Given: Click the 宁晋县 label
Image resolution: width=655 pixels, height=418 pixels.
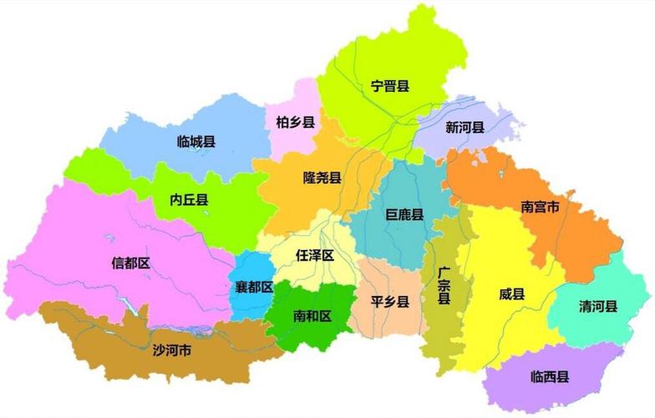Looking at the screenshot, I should coord(389,85).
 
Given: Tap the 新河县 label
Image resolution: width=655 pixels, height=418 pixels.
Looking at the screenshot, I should coord(465,128).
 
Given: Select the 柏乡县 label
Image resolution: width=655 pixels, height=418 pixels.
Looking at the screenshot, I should coord(295,123).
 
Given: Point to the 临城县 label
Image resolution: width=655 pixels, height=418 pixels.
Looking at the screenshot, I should coord(197,141).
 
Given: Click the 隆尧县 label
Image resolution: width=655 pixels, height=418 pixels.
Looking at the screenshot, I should coord(322,178).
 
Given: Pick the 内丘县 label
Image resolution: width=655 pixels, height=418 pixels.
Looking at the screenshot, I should coord(189,200).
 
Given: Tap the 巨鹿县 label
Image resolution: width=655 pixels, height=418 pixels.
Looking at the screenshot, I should coord(404,215).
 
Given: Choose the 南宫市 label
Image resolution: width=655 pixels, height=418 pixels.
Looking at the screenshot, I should coord(540,205).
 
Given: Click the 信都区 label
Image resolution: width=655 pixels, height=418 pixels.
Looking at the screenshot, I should coord(130,263).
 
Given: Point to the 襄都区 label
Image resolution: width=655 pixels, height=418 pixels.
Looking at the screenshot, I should coord(254,287).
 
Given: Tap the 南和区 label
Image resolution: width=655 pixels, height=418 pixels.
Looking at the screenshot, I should coord(312,316).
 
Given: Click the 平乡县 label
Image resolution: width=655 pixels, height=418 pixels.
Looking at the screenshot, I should coord(389,301).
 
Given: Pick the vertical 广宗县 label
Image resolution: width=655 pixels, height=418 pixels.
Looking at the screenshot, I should coord(444,286).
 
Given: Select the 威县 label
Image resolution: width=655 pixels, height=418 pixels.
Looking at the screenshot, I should coord(512,293).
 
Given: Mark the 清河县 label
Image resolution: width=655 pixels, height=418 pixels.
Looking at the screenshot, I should coord(598,306).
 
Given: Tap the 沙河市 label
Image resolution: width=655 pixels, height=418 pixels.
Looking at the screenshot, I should coord(172,349).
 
